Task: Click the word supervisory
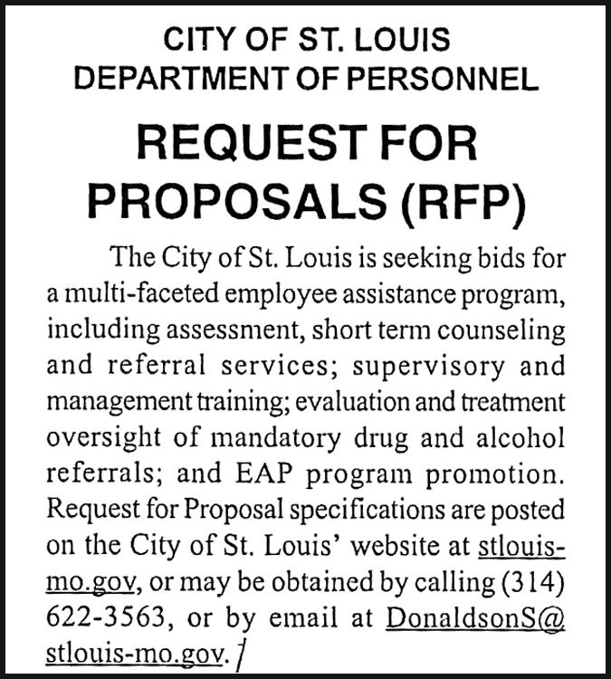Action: pyautogui.click(x=424, y=367)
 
